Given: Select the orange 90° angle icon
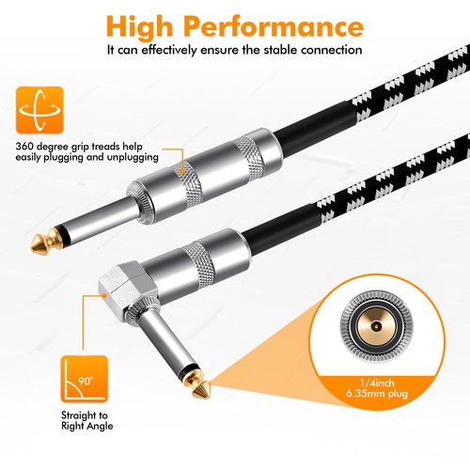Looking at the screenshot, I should [82, 378].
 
